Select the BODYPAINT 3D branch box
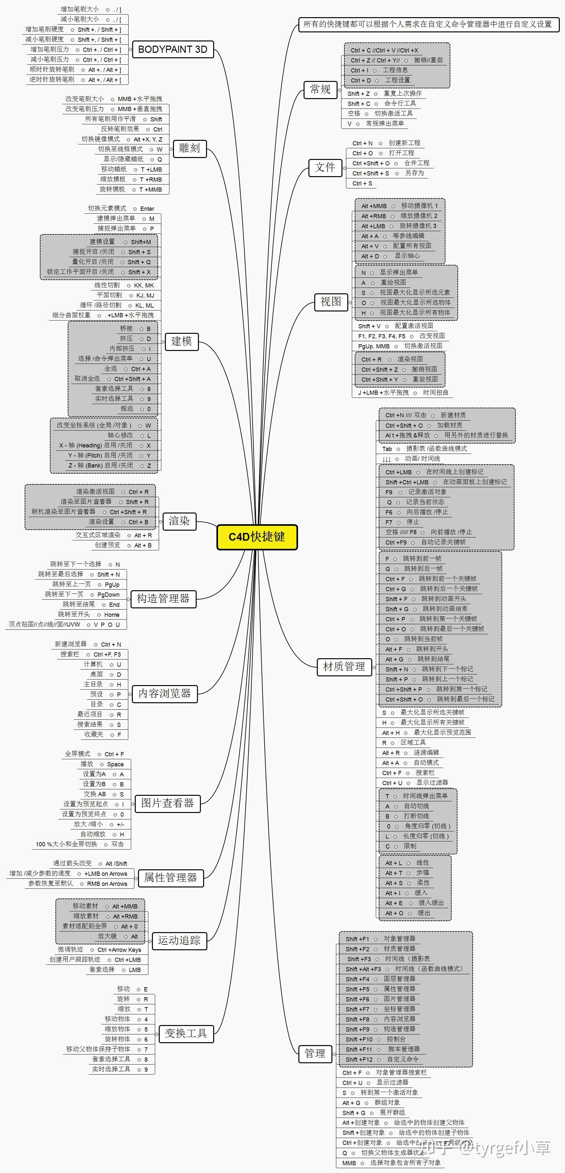point(173,50)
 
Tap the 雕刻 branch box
point(190,149)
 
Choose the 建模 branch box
point(181,341)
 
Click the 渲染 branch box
point(179,521)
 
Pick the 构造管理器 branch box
point(163,599)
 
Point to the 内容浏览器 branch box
point(165,694)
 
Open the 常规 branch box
point(320,89)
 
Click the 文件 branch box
point(325,168)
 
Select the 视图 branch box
point(331,301)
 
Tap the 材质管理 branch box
point(344,667)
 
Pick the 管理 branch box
point(315,1053)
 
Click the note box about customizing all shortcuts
point(428,24)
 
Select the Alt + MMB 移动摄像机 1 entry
point(399,206)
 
